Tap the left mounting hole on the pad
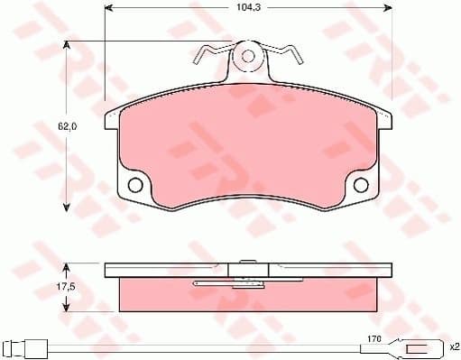(136, 186)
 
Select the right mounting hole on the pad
(361, 186)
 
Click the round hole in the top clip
(248, 57)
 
